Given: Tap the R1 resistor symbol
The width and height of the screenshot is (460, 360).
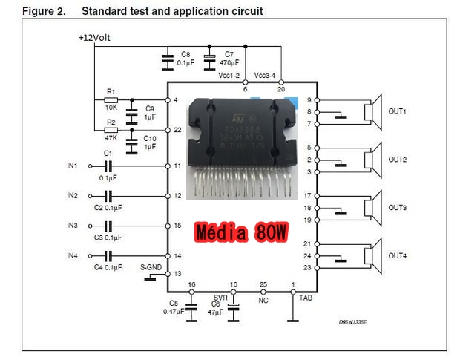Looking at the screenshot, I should [x=111, y=100].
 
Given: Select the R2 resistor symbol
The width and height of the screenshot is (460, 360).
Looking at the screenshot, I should [x=111, y=130].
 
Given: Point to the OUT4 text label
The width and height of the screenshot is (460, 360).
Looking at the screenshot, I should [x=398, y=256].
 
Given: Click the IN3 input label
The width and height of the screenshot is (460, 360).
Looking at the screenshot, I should [x=72, y=225].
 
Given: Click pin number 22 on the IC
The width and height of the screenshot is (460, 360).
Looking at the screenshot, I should [x=177, y=130].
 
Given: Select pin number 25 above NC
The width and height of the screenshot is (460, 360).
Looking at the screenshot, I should [x=264, y=285].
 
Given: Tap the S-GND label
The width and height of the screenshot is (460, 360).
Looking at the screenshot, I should [x=151, y=267].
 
